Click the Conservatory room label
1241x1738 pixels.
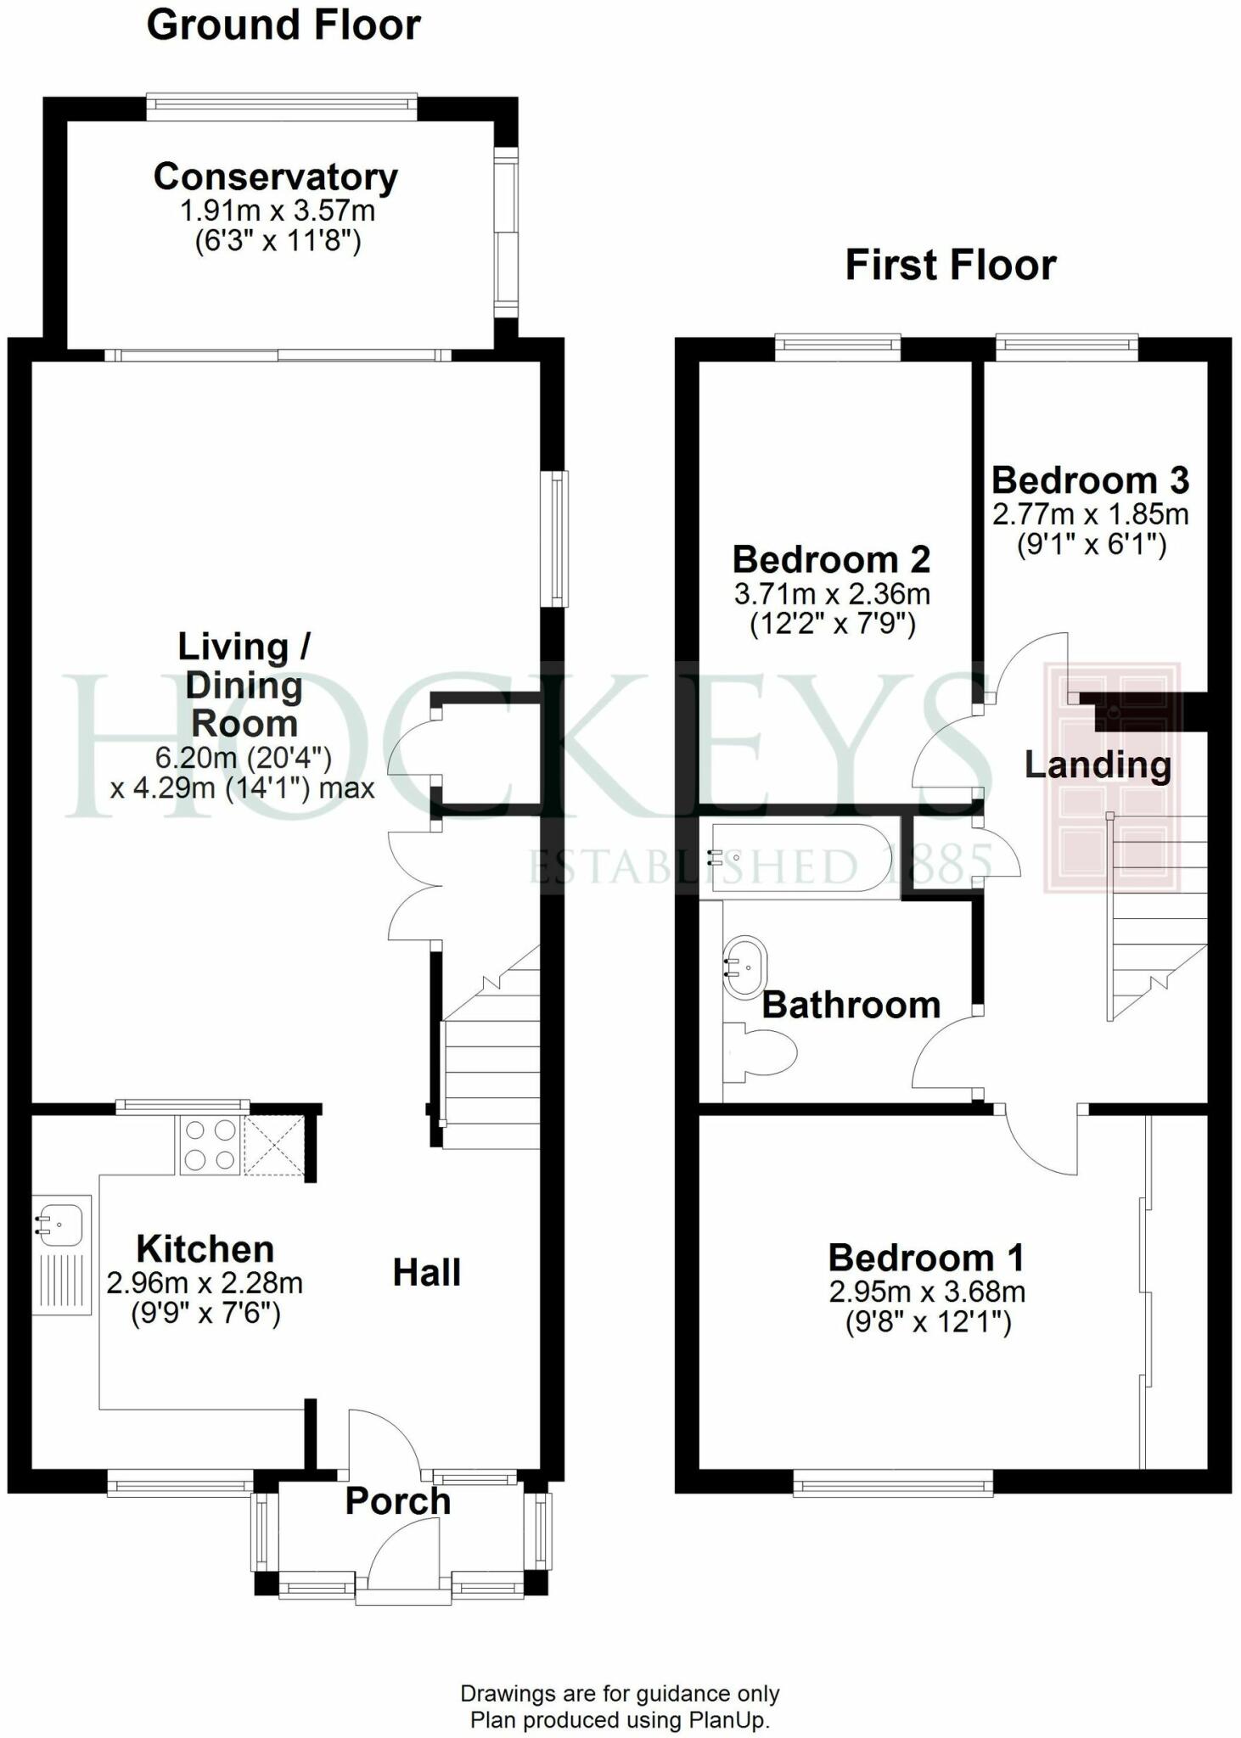pyautogui.click(x=276, y=177)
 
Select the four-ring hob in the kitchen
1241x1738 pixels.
pyautogui.click(x=210, y=1146)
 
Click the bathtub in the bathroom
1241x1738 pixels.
pyautogui.click(x=798, y=857)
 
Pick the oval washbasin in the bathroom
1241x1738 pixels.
pyautogui.click(x=745, y=967)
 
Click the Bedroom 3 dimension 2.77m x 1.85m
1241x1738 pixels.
pyautogui.click(x=1090, y=514)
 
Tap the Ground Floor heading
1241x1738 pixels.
pyautogui.click(x=284, y=25)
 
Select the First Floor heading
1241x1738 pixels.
pyautogui.click(x=950, y=265)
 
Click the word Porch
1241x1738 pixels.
pyautogui.click(x=397, y=1501)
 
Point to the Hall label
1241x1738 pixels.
pyautogui.click(x=426, y=1273)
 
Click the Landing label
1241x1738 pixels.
pyautogui.click(x=1098, y=765)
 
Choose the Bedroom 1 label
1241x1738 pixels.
pyautogui.click(x=925, y=1258)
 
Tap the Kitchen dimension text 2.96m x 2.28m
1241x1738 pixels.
pyautogui.click(x=205, y=1282)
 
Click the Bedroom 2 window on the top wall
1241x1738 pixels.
pyautogui.click(x=837, y=344)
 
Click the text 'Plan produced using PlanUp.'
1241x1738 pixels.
pyautogui.click(x=620, y=1719)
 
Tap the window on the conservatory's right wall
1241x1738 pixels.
pyautogui.click(x=506, y=232)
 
